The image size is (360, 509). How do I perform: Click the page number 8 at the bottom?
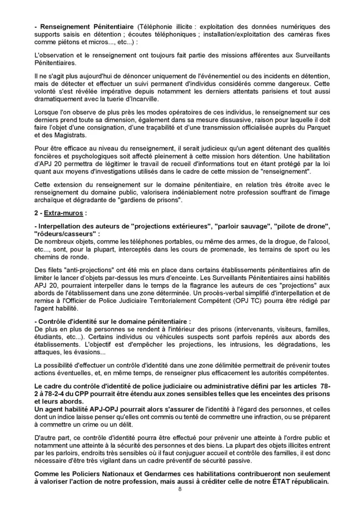[180, 489]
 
